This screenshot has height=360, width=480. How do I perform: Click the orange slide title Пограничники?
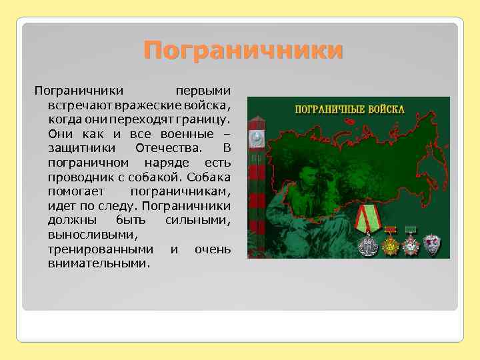point(243,50)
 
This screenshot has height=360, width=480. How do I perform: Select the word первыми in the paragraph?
point(203,89)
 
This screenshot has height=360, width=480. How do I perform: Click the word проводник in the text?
point(75,177)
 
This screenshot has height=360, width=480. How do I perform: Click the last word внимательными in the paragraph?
point(99,264)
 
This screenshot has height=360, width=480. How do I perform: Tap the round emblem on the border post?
point(256,139)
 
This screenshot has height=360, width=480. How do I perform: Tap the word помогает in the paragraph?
point(73,191)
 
